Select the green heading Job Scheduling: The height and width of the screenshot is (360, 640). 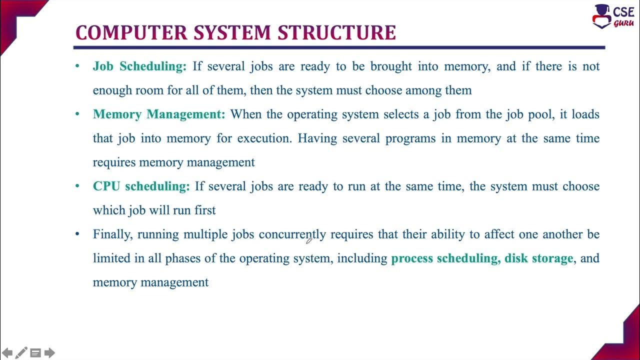(x=139, y=66)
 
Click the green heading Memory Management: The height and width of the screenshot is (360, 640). (x=159, y=114)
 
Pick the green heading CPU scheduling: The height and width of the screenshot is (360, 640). (x=141, y=186)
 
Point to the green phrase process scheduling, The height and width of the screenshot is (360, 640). (x=445, y=258)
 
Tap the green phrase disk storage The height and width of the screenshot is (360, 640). (x=538, y=258)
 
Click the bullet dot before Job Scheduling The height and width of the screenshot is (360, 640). (x=77, y=66)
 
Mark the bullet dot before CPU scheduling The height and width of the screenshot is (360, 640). (x=77, y=186)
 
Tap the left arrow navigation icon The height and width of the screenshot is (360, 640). (x=7, y=353)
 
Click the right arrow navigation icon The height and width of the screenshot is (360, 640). (x=49, y=353)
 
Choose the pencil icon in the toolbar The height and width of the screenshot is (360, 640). (x=21, y=353)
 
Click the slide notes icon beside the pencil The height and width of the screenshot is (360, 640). (x=35, y=353)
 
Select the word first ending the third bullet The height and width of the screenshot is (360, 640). (x=205, y=210)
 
